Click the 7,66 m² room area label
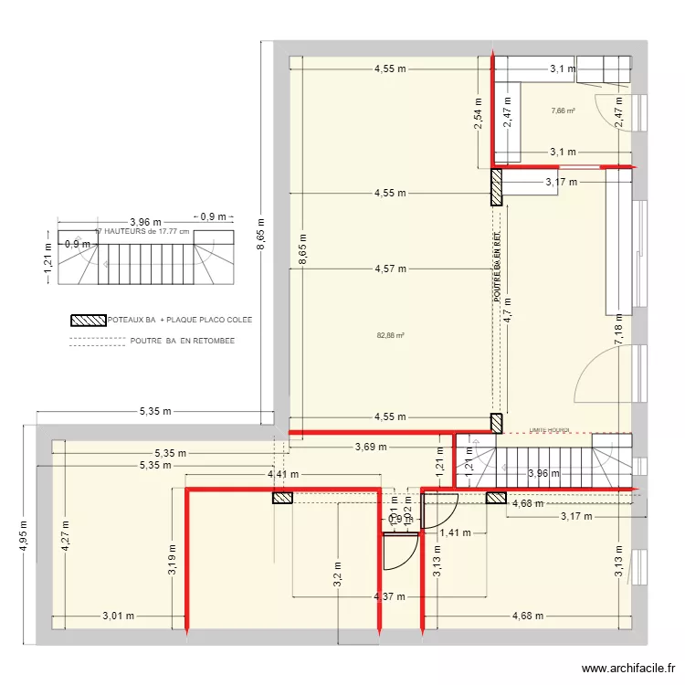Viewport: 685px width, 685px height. pos(563,111)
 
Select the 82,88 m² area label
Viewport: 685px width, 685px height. pos(390,334)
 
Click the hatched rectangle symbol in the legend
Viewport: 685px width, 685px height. pos(89,321)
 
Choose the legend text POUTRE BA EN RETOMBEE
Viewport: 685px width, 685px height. pos(182,341)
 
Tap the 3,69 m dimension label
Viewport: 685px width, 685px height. pos(370,447)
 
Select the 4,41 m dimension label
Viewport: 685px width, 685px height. pos(283,474)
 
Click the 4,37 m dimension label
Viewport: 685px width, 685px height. pos(390,597)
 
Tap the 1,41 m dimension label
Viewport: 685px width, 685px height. pos(455,532)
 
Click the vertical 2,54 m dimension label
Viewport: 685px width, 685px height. pos(477,113)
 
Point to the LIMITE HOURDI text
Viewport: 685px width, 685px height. pos(549,429)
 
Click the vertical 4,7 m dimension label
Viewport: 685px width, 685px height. pos(509,315)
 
